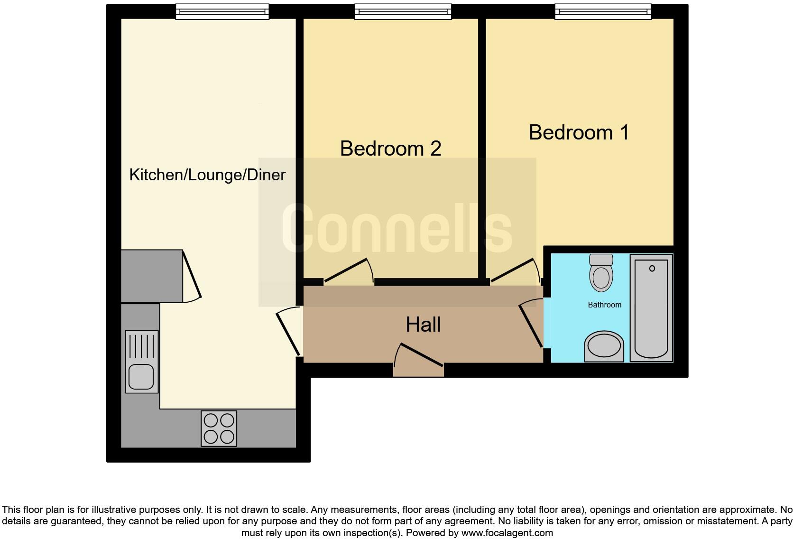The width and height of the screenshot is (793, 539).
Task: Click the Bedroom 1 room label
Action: click(x=579, y=132)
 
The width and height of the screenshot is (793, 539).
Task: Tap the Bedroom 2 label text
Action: click(x=390, y=149)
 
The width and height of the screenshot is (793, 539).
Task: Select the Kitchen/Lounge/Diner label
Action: click(x=207, y=175)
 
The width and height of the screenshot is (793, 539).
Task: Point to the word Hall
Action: click(x=423, y=325)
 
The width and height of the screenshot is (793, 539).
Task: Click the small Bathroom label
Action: click(x=604, y=305)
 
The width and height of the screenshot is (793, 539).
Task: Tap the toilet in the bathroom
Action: click(x=601, y=273)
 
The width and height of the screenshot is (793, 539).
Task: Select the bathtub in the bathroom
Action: click(x=651, y=308)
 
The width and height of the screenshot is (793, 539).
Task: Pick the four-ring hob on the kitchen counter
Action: click(x=219, y=428)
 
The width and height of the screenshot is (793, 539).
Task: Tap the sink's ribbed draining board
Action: click(x=141, y=346)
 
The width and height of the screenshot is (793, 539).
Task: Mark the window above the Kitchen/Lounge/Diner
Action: click(x=222, y=11)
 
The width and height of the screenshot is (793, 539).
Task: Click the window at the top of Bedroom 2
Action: click(x=403, y=11)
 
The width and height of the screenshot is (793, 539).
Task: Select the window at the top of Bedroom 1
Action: click(x=603, y=11)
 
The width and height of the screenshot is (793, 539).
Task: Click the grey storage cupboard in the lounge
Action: click(x=152, y=276)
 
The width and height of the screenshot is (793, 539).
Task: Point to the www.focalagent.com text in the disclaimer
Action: click(x=507, y=533)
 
